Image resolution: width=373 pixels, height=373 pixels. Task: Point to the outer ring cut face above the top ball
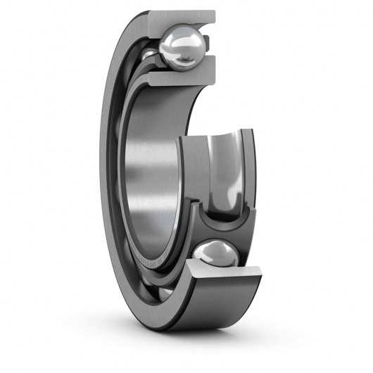[184, 18]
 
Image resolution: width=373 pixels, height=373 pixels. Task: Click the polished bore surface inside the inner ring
[151, 176]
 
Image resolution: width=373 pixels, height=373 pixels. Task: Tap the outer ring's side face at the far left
[109, 176]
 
